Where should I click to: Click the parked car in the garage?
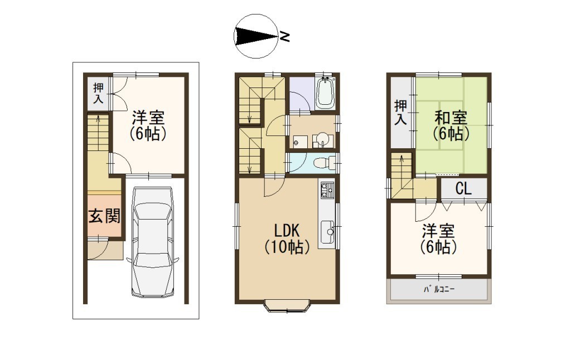pos(153,242)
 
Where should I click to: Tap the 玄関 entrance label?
pos(104,216)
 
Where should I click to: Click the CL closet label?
pos(463,188)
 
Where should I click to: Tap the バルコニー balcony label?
pos(439,290)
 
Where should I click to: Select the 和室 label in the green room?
pos(451,118)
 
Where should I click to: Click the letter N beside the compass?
pos(284,36)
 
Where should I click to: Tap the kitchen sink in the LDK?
pos(327,231)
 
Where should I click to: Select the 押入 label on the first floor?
pos(98,93)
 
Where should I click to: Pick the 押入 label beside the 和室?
pos(400,113)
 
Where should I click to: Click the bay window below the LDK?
pos(287,306)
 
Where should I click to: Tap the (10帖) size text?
pos(287,247)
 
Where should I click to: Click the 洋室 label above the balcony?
pos(438,231)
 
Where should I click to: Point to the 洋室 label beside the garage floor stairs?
pos(148,118)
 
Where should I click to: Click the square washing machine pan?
pos(300,142)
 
